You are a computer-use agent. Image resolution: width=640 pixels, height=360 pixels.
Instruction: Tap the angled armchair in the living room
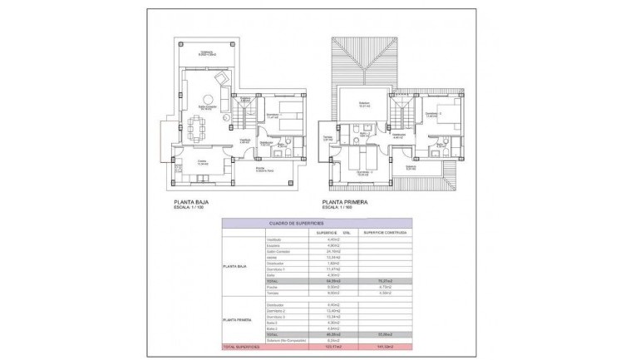click(222, 79)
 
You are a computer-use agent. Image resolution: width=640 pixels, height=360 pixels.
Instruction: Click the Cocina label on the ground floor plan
click(200, 162)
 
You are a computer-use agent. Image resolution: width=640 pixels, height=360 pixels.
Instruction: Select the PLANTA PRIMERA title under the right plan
click(347, 201)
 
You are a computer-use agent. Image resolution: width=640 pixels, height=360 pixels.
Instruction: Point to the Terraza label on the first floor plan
click(327, 138)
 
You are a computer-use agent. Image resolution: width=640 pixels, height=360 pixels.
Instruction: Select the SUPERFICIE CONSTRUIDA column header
click(384, 233)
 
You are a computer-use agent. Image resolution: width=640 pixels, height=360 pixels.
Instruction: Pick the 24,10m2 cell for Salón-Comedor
click(330, 251)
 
